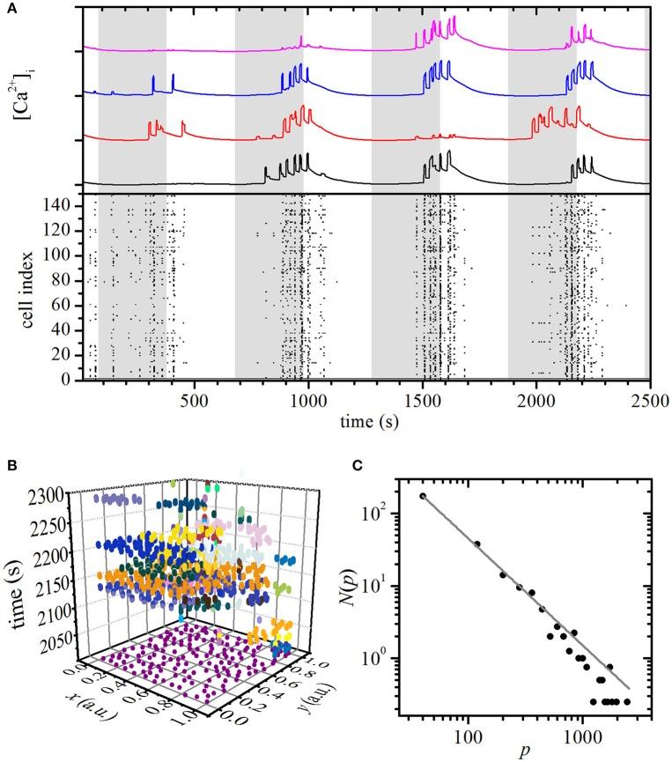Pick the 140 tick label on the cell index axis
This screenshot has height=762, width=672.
64,206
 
